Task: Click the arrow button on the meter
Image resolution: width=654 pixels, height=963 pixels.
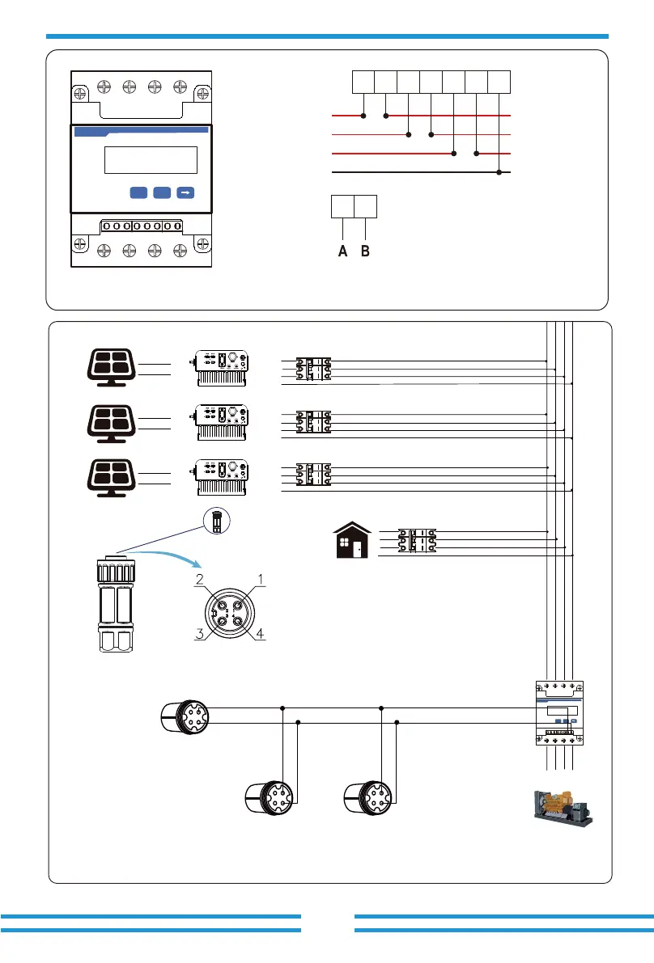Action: click(x=185, y=193)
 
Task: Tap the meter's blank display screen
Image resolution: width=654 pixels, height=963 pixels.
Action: click(x=151, y=159)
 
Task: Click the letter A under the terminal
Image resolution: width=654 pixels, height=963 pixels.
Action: click(x=343, y=251)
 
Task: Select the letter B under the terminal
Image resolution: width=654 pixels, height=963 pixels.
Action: click(x=365, y=251)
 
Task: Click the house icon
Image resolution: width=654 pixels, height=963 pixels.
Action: click(x=352, y=540)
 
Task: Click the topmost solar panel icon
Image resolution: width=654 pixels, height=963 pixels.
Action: click(x=111, y=368)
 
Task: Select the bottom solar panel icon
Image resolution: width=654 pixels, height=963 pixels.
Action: click(x=111, y=478)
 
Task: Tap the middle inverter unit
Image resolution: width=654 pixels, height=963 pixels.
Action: click(x=221, y=423)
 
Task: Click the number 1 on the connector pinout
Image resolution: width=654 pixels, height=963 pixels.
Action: click(x=260, y=579)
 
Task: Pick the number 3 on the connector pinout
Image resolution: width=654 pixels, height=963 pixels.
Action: click(x=199, y=633)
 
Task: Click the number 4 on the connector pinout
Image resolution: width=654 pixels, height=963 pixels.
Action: click(x=260, y=633)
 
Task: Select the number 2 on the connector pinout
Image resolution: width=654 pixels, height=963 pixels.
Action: click(x=199, y=579)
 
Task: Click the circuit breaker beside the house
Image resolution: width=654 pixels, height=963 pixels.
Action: click(x=417, y=540)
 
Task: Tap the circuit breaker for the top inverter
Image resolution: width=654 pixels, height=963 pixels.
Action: click(x=313, y=369)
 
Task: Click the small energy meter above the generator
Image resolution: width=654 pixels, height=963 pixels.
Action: click(x=559, y=713)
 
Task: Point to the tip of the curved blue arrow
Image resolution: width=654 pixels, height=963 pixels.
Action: click(x=201, y=566)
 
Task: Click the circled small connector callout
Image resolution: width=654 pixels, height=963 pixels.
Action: click(x=216, y=521)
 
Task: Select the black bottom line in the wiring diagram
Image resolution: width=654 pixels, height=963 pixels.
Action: click(x=421, y=172)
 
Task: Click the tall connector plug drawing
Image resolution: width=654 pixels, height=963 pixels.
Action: click(x=115, y=604)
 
